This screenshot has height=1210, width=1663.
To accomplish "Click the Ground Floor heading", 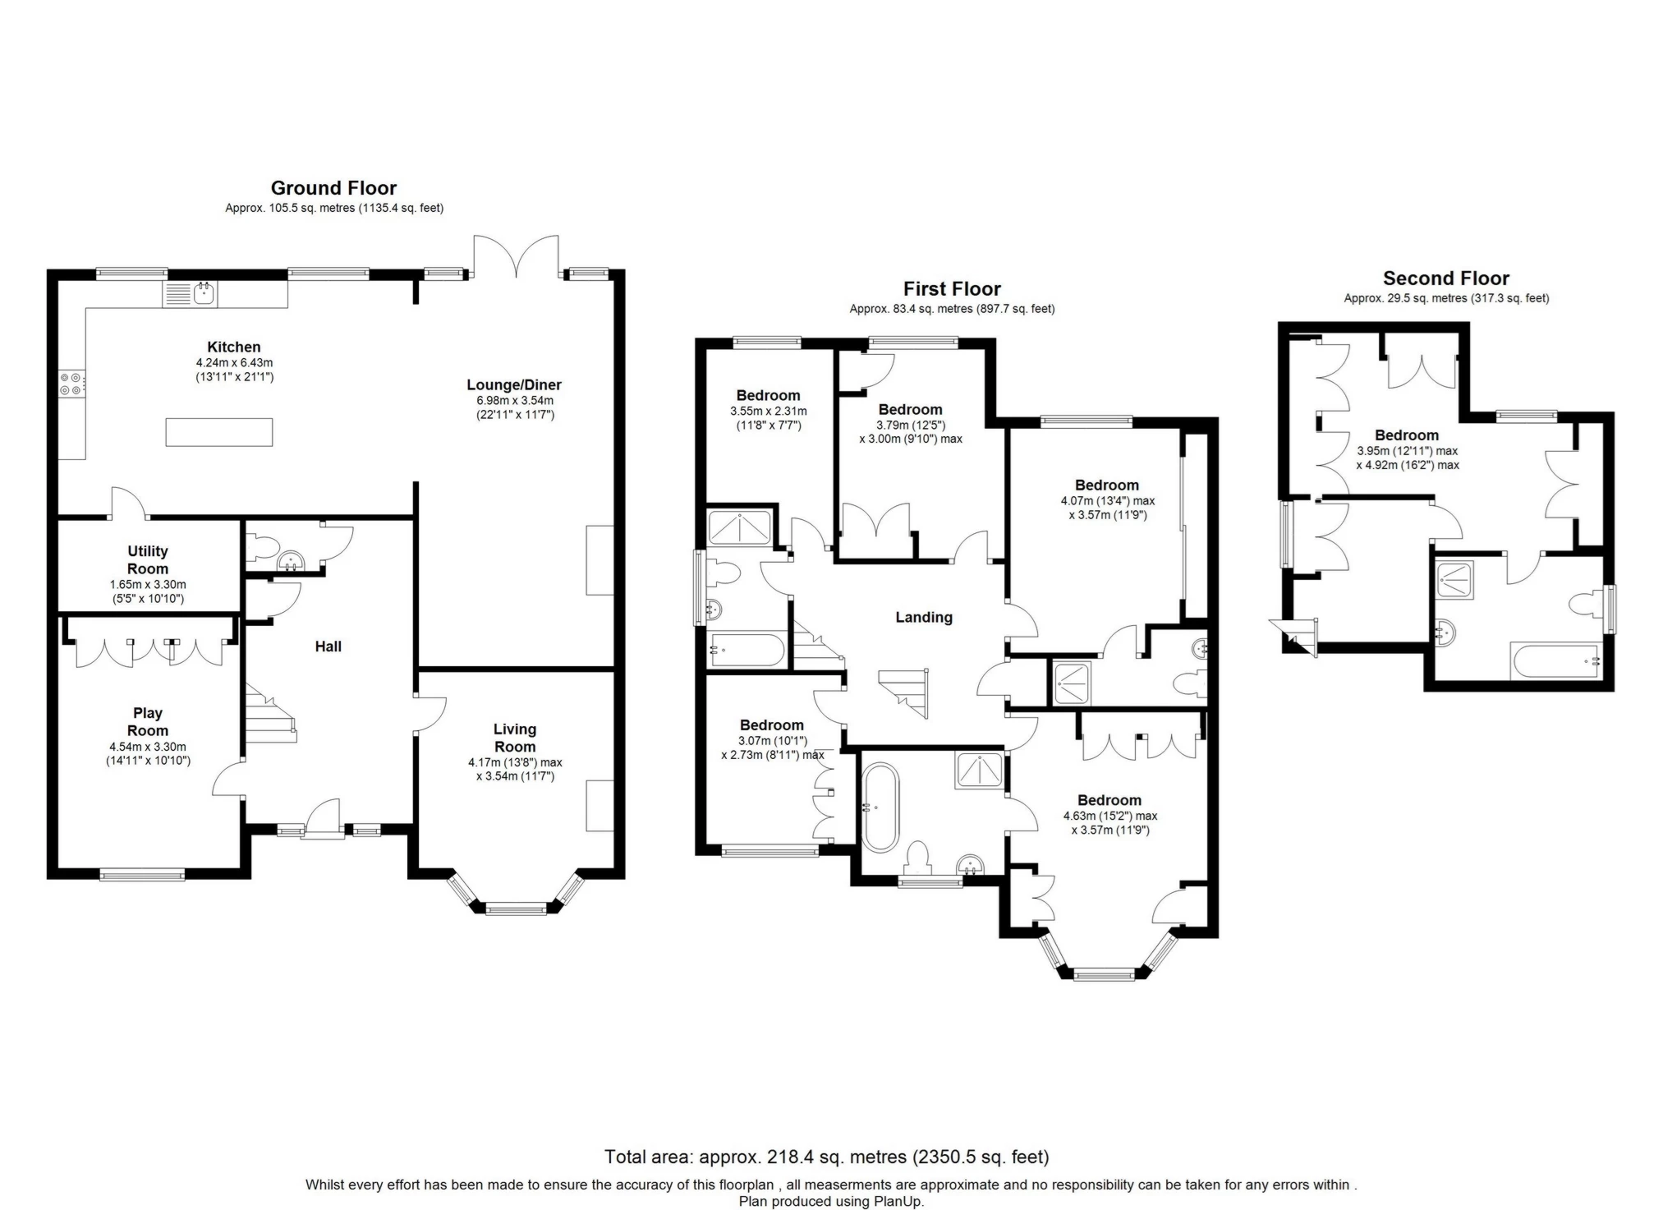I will [x=333, y=188].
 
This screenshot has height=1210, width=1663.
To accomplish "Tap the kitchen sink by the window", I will [x=204, y=293].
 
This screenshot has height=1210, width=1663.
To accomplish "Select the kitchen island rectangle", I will [x=219, y=432].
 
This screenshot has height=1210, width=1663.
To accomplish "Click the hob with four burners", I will [x=71, y=384].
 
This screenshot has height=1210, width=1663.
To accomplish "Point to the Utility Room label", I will [x=148, y=559].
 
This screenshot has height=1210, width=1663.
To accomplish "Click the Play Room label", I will [x=148, y=721].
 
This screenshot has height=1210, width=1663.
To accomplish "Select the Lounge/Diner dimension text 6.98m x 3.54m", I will [x=515, y=400].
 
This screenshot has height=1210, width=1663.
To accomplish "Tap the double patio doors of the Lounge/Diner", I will [x=516, y=256].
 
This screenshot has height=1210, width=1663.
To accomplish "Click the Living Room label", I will [x=515, y=738].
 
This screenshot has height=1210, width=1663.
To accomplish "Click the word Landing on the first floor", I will [x=924, y=617].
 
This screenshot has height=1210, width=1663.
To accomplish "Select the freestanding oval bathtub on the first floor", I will [x=881, y=807].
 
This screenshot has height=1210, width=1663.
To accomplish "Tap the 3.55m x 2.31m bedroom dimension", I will [x=768, y=411].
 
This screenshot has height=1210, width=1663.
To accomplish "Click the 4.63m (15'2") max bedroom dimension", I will [x=1109, y=816].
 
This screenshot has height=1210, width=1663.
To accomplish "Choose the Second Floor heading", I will [x=1445, y=278].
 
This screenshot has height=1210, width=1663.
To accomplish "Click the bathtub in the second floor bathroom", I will [x=1555, y=660].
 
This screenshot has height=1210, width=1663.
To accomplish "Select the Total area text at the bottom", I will [x=826, y=1157].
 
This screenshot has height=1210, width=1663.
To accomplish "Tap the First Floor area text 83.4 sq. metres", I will [x=952, y=309].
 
